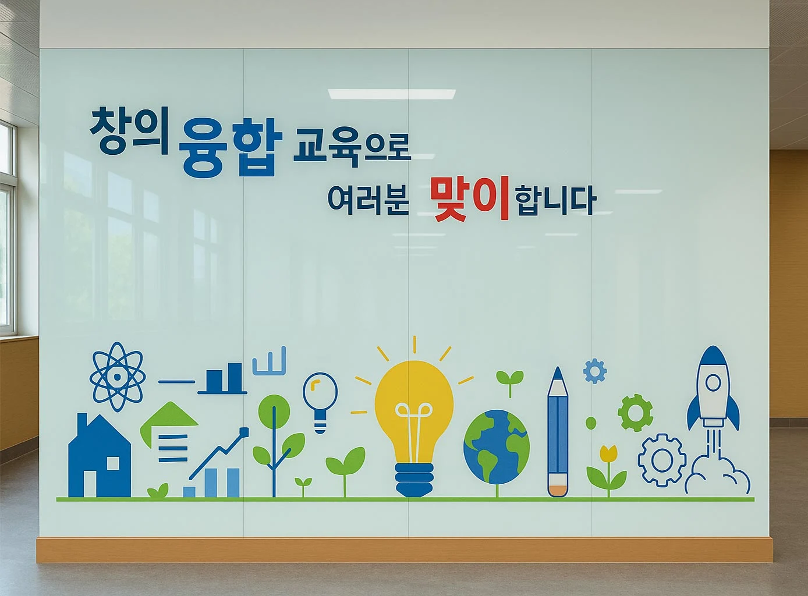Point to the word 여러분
click(x=367, y=200)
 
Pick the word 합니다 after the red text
click(x=555, y=201)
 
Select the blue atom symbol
click(x=118, y=377)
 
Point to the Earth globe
click(x=497, y=447)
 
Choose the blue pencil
click(x=558, y=434)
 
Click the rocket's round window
click(x=713, y=382)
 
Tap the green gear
click(x=635, y=413)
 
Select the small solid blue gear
click(x=595, y=371)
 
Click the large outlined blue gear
click(x=662, y=460)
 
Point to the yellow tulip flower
click(x=608, y=453)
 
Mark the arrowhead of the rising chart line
click(x=243, y=432)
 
